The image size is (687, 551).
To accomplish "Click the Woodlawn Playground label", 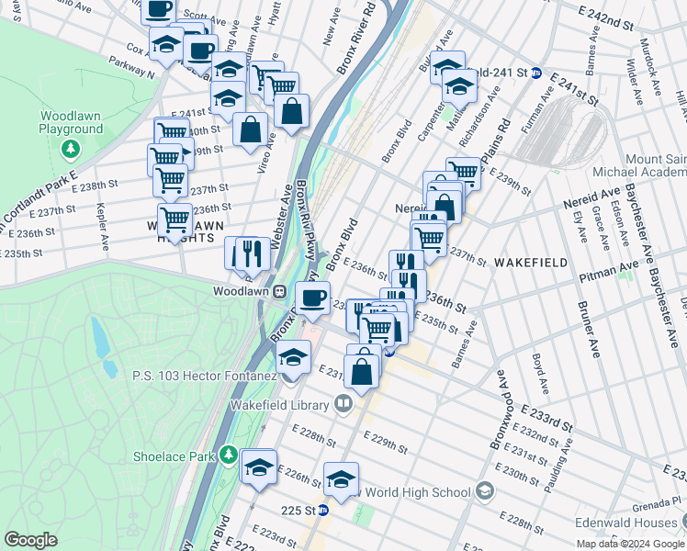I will (71, 122).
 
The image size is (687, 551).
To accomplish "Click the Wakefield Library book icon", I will (343, 404).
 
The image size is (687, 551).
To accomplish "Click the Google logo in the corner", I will (31, 540).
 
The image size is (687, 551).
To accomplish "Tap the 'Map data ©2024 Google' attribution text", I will (629, 544).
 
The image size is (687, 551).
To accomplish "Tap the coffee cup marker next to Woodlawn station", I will (312, 298).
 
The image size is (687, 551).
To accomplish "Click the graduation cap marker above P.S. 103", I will (293, 356).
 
